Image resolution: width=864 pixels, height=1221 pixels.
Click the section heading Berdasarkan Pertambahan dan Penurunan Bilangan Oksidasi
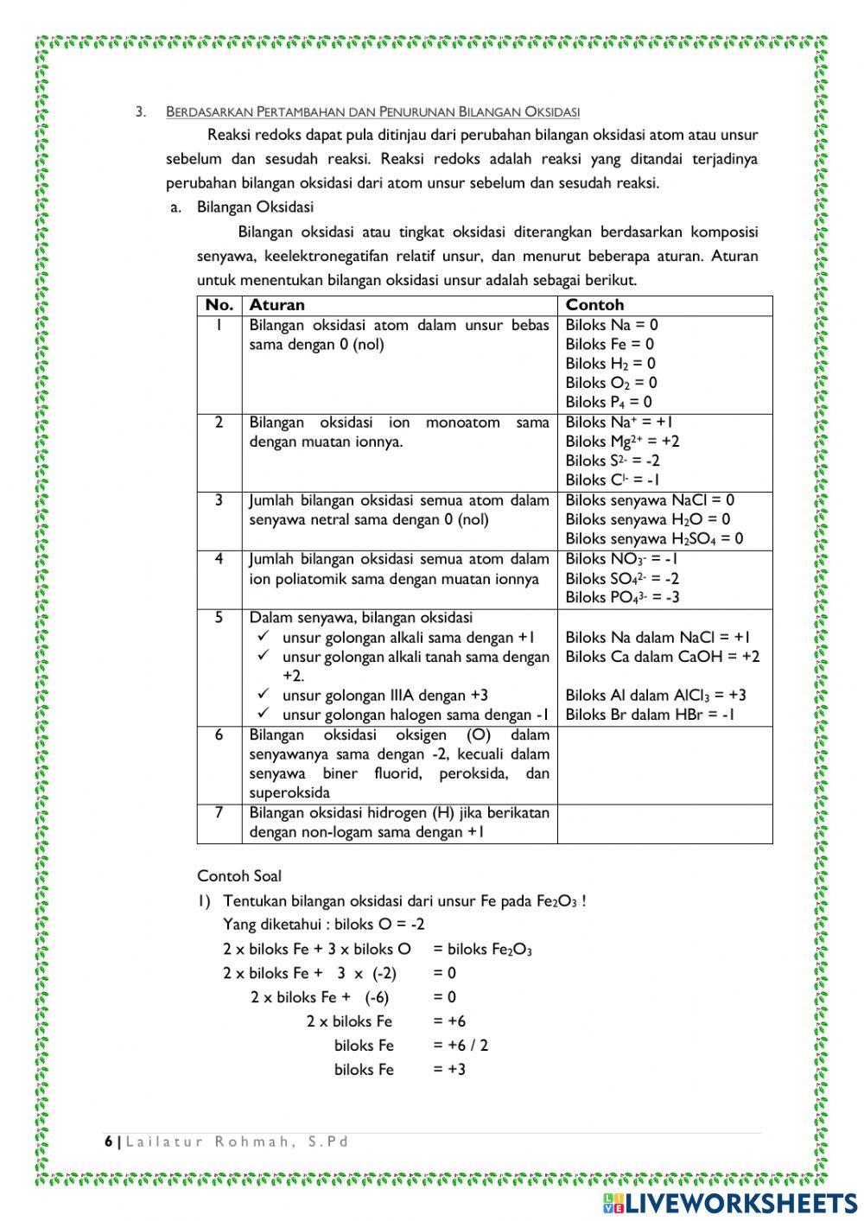pyautogui.click(x=372, y=111)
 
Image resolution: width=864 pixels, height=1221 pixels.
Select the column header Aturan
pyautogui.click(x=276, y=305)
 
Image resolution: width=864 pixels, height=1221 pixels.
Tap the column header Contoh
pyautogui.click(x=594, y=305)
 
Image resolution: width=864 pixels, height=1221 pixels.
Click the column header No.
pyautogui.click(x=219, y=305)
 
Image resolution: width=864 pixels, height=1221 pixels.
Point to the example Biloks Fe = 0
pyautogui.click(x=609, y=344)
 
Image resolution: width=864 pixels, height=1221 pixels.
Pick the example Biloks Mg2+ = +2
pyautogui.click(x=622, y=442)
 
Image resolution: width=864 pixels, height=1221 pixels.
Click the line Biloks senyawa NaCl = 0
pyautogui.click(x=650, y=500)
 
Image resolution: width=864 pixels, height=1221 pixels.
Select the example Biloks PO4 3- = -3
pyautogui.click(x=622, y=597)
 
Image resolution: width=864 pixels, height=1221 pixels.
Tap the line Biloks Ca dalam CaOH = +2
pyautogui.click(x=663, y=657)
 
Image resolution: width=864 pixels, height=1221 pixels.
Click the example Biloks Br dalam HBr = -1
pyautogui.click(x=650, y=715)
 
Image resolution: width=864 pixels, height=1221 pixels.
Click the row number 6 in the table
pyautogui.click(x=219, y=735)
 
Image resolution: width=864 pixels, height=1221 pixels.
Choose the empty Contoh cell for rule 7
pyautogui.click(x=664, y=824)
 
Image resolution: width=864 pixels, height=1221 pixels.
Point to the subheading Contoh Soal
pyautogui.click(x=239, y=876)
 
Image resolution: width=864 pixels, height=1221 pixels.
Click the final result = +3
pyautogui.click(x=449, y=1070)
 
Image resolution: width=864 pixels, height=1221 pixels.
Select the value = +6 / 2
pyautogui.click(x=461, y=1046)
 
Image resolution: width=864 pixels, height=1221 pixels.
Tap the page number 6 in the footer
pyautogui.click(x=109, y=1142)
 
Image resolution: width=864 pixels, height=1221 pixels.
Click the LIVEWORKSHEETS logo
pyautogui.click(x=730, y=1203)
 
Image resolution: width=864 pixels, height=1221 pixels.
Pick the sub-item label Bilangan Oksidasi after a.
pyautogui.click(x=255, y=207)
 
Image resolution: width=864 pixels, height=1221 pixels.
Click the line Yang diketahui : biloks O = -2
pyautogui.click(x=324, y=925)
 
